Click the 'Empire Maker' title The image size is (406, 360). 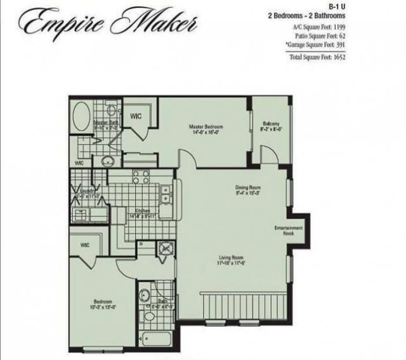[108, 23]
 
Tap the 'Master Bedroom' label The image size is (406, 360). [204, 130]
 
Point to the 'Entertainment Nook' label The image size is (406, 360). [289, 230]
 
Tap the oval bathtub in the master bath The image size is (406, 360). [81, 117]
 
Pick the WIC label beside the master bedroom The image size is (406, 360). [135, 116]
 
